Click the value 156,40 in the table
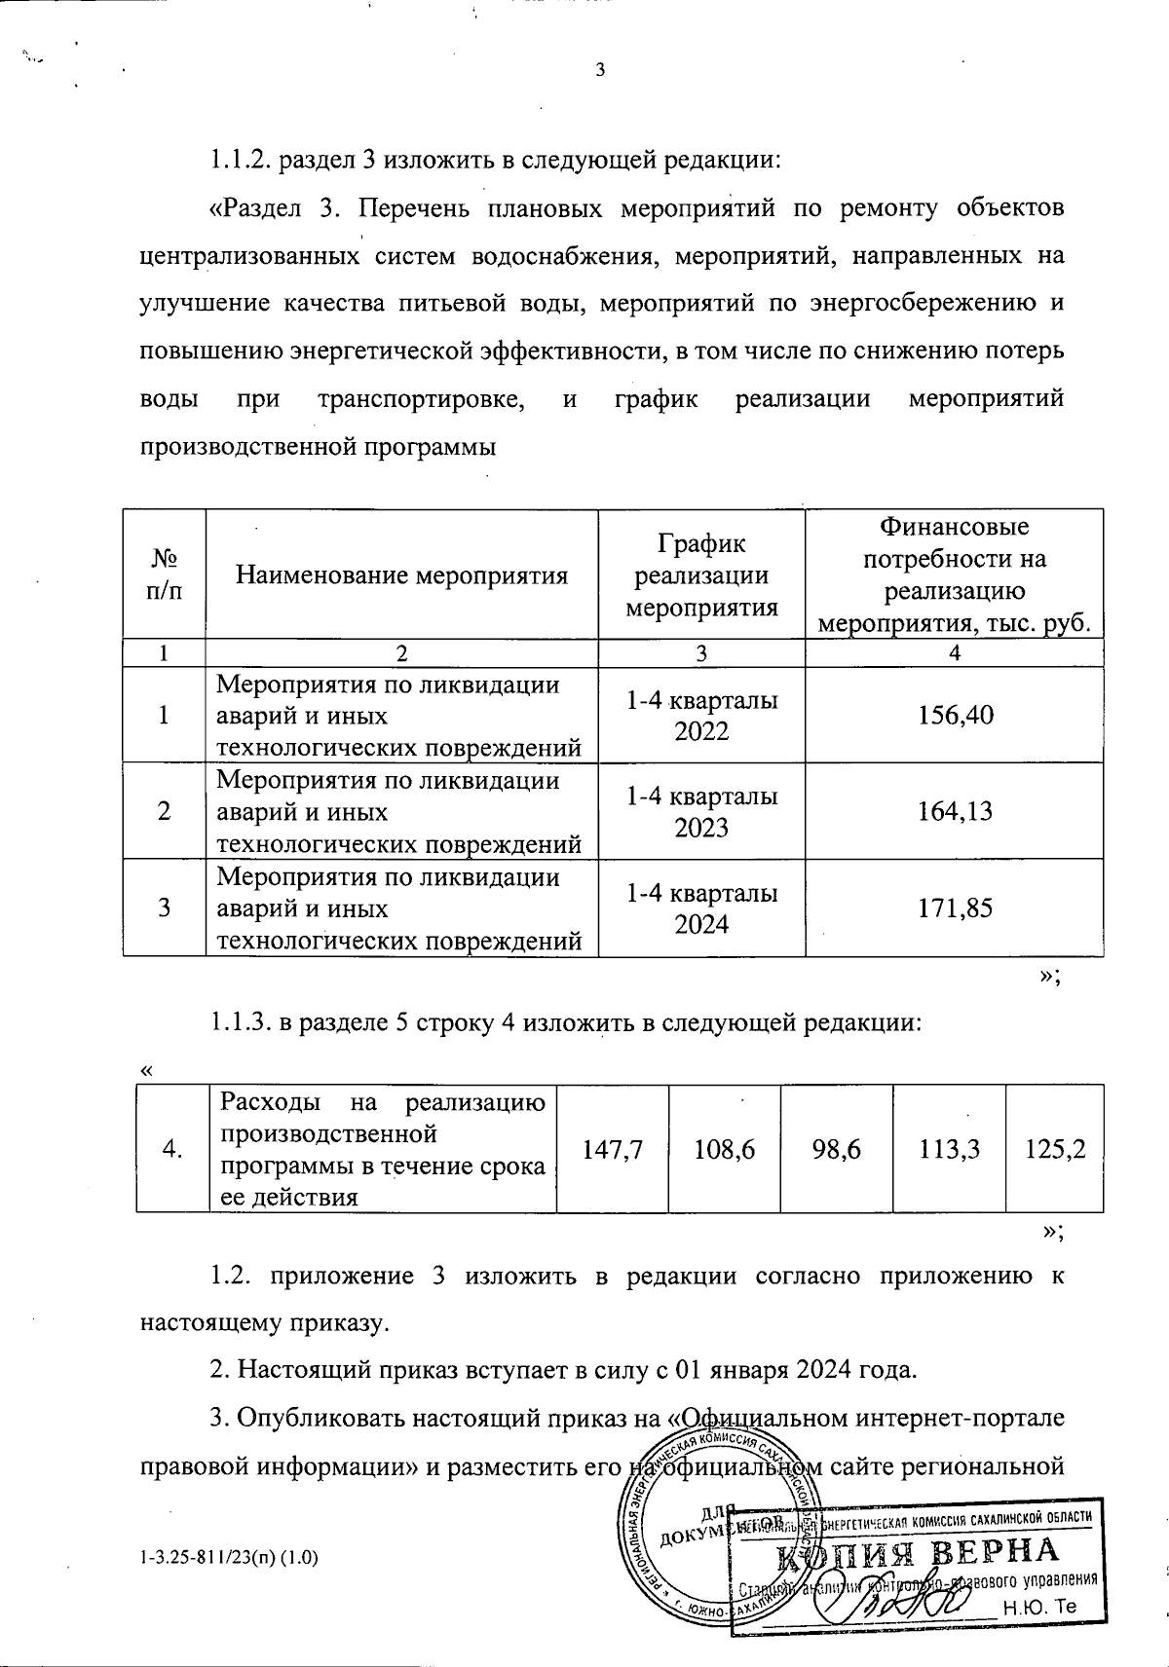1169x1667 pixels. [x=955, y=715]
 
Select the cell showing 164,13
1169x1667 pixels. [x=955, y=810]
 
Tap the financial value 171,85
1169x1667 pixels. [x=955, y=908]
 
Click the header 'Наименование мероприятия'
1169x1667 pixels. [x=402, y=574]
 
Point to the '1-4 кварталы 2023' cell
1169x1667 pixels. [x=701, y=811]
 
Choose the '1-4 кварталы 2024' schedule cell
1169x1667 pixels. [x=701, y=908]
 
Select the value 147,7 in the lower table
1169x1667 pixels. [x=612, y=1149]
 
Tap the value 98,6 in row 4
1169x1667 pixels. [x=836, y=1149]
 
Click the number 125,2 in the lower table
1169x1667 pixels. [x=1056, y=1149]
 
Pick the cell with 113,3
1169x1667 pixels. [x=948, y=1149]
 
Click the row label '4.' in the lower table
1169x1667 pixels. [x=173, y=1149]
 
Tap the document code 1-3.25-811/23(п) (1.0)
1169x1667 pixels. [x=230, y=1559]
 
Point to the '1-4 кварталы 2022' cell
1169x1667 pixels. [x=701, y=715]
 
